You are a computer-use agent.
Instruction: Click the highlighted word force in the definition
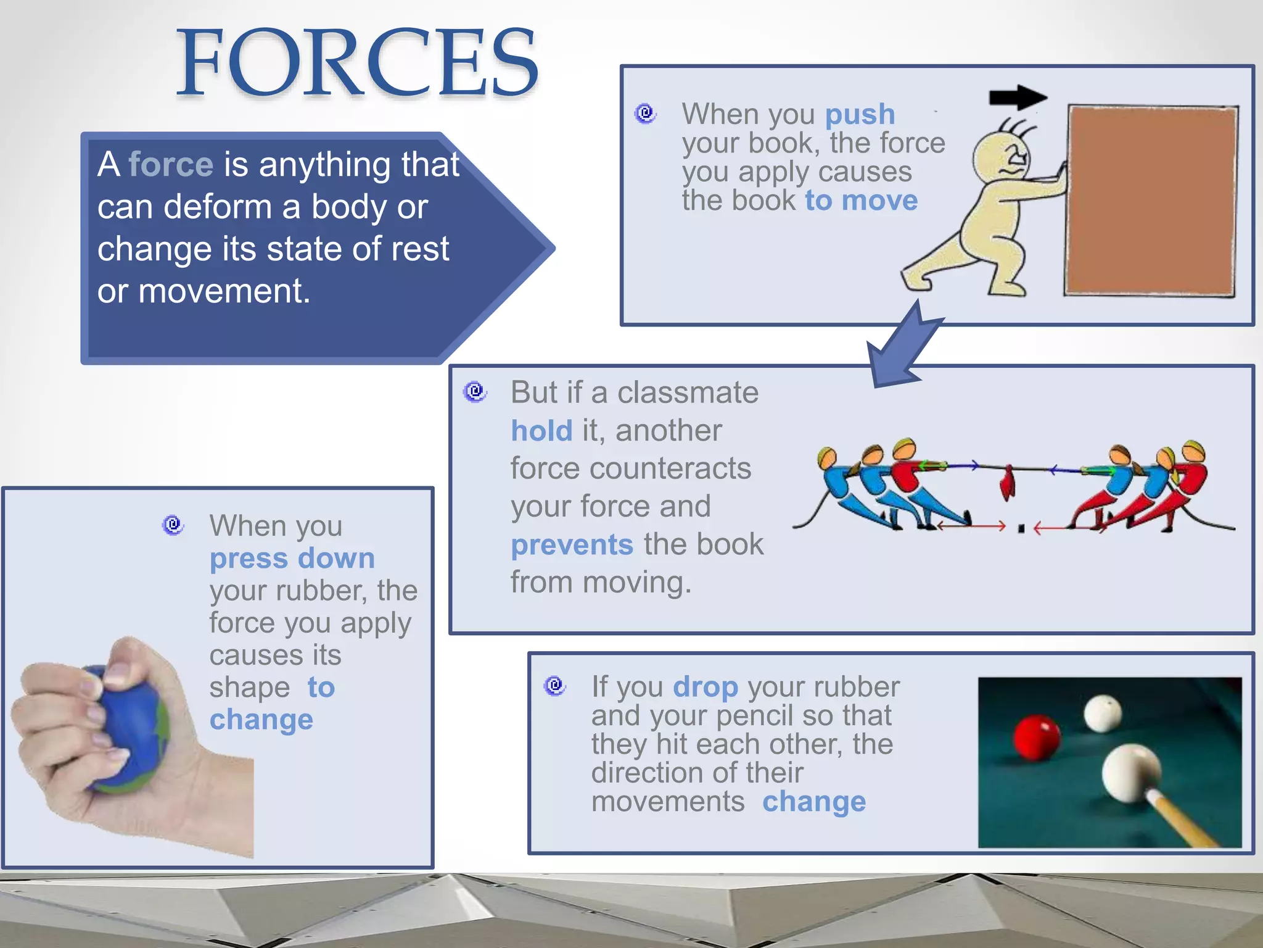(x=171, y=165)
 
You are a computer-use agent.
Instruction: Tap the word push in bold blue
(x=860, y=115)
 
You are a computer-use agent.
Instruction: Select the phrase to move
(x=861, y=201)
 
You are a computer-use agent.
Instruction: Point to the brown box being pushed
(x=1151, y=201)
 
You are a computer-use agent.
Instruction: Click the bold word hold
(x=541, y=431)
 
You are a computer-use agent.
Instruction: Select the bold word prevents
(x=572, y=545)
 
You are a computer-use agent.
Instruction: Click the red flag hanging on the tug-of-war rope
(x=1008, y=482)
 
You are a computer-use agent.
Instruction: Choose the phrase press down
(x=292, y=559)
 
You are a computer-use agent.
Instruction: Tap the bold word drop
(x=705, y=687)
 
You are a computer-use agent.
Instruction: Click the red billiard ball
(x=1037, y=736)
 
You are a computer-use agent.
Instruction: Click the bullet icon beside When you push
(x=646, y=114)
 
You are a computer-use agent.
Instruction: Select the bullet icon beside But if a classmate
(x=475, y=391)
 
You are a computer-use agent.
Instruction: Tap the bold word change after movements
(x=813, y=802)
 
